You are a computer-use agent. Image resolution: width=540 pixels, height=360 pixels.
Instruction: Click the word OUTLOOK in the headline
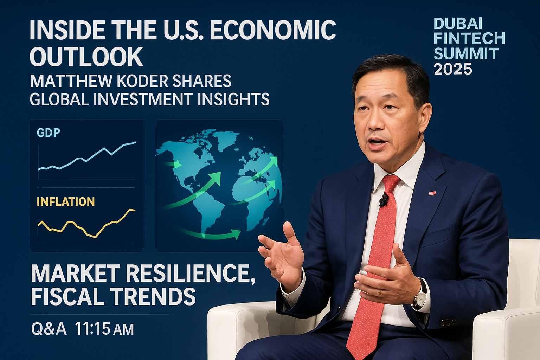(86, 57)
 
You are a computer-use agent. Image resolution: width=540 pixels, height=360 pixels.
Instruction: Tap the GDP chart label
(49, 133)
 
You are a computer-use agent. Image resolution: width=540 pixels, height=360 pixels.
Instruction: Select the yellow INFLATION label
(66, 201)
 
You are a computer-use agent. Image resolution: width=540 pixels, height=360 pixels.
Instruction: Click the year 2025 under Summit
(453, 69)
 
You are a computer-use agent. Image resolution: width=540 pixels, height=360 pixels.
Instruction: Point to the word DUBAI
(458, 24)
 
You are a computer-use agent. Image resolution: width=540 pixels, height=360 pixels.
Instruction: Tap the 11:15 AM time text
(104, 329)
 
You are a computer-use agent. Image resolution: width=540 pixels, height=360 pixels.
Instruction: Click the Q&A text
(49, 329)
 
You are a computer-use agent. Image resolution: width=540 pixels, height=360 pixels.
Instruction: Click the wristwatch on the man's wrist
(421, 295)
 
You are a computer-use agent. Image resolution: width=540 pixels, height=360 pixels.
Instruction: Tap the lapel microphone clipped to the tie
(383, 200)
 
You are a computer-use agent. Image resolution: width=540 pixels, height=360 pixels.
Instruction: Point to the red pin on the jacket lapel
(432, 193)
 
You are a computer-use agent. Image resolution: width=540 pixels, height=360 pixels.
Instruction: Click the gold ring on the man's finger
(381, 293)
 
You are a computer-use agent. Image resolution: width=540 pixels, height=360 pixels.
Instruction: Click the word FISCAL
(68, 297)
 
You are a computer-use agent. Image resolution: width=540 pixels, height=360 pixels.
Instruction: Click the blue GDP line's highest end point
(135, 142)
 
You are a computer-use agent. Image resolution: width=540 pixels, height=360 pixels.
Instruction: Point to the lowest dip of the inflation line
(96, 238)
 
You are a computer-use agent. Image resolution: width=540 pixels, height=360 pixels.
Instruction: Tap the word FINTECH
(469, 38)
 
